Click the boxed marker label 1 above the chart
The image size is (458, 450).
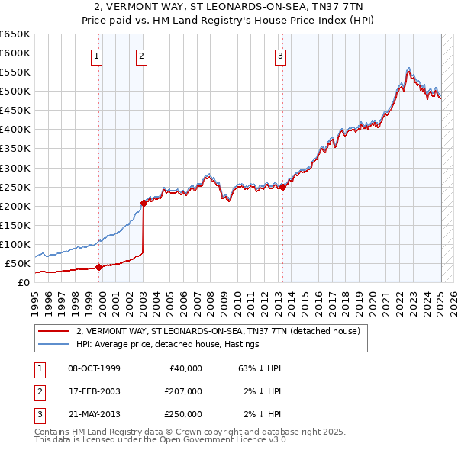(98, 55)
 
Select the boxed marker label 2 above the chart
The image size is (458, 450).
(143, 55)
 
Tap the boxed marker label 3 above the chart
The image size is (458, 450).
(281, 55)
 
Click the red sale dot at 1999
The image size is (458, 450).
(98, 267)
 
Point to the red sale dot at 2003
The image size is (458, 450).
(144, 203)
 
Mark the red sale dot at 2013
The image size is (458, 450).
(282, 186)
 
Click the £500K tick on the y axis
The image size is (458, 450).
(16, 91)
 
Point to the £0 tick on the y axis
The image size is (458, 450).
(24, 282)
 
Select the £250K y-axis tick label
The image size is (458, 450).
(16, 187)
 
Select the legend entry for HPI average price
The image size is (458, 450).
(167, 344)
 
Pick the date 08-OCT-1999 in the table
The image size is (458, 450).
(94, 368)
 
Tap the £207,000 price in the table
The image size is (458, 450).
(182, 391)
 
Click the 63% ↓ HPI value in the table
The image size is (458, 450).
(260, 368)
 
